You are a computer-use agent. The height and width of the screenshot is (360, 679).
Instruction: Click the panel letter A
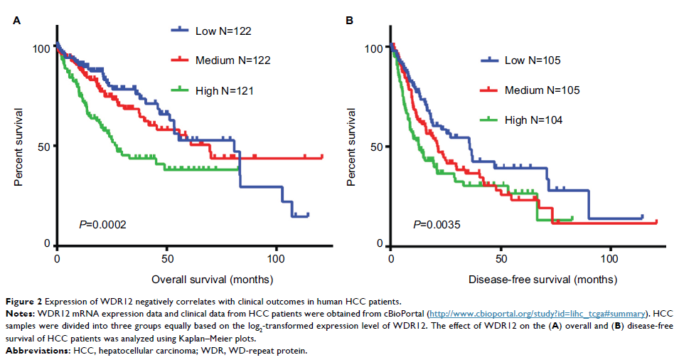coord(17,20)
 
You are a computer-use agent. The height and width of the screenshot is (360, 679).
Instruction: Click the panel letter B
coord(350,20)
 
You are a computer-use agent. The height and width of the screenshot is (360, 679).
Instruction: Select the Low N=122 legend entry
coord(223,31)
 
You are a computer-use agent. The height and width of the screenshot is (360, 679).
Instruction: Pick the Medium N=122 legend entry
coord(232,60)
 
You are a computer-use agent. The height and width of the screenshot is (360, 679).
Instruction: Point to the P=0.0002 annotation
coord(102,226)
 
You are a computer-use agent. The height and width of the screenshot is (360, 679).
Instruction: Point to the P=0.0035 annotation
coord(437,226)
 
